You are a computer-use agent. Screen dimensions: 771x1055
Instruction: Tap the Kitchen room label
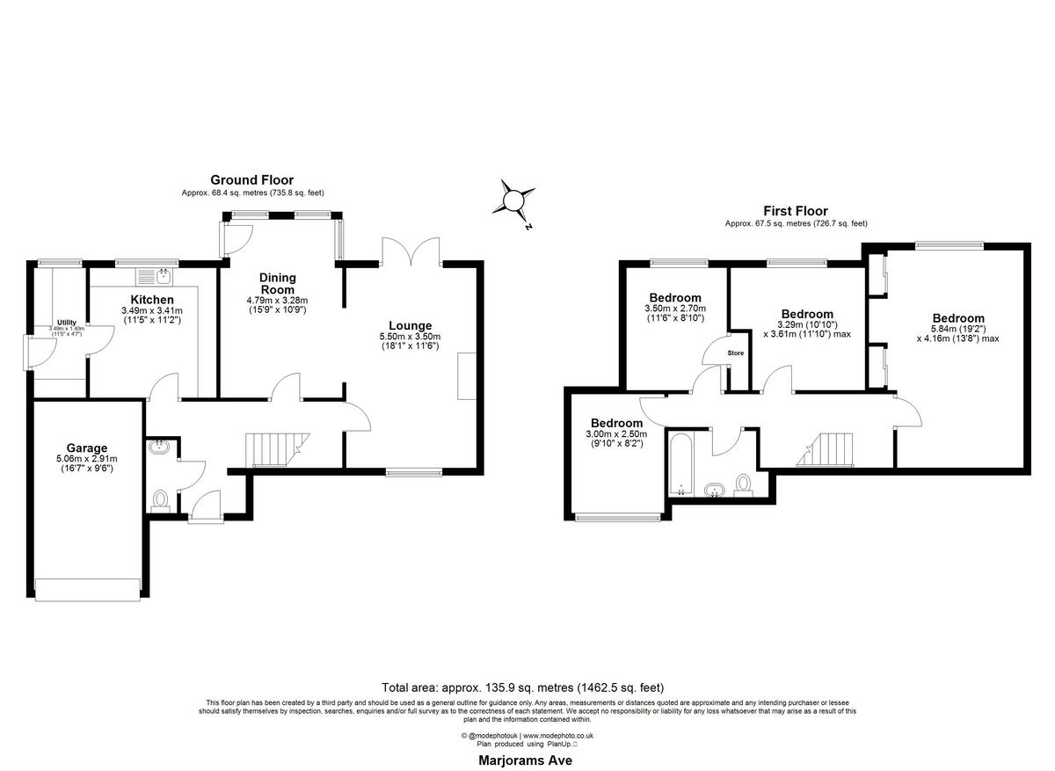pos(151,300)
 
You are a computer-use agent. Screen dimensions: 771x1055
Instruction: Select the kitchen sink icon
pos(164,277)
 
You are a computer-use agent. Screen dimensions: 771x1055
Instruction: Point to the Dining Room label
pos(277,283)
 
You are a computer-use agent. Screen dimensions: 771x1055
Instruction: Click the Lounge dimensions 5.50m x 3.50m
pos(409,337)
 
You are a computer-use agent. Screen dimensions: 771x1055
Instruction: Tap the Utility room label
pos(67,323)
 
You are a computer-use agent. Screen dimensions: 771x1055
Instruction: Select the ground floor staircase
pos(274,449)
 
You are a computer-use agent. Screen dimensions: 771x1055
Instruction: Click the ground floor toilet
pos(160,500)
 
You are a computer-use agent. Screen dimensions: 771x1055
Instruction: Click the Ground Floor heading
pos(251,179)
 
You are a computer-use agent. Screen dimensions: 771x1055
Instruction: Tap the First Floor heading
pos(796,211)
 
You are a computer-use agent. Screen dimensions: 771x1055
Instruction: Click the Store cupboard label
pos(736,353)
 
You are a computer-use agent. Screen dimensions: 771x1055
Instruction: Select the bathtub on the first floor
pos(680,462)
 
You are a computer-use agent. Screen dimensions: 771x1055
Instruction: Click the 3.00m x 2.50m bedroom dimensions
pos(616,433)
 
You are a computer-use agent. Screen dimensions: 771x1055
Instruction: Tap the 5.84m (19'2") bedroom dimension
pos(958,329)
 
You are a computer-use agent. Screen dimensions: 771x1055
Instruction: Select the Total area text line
pos(522,687)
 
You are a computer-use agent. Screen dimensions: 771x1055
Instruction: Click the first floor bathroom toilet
pos(743,484)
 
